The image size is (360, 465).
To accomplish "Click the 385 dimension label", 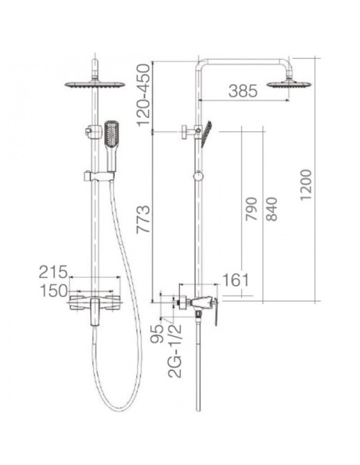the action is [243, 91].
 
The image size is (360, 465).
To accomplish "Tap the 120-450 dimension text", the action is [143, 95].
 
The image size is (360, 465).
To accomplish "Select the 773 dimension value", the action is [143, 219].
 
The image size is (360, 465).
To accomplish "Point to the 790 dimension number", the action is [251, 209].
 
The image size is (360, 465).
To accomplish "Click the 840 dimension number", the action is [272, 209].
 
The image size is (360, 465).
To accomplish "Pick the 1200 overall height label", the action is [306, 185].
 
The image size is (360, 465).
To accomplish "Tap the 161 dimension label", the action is [236, 280].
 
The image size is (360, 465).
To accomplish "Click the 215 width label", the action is [53, 272].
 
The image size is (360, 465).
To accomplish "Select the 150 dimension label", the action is [54, 291].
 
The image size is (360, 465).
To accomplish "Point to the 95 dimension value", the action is [157, 334].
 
